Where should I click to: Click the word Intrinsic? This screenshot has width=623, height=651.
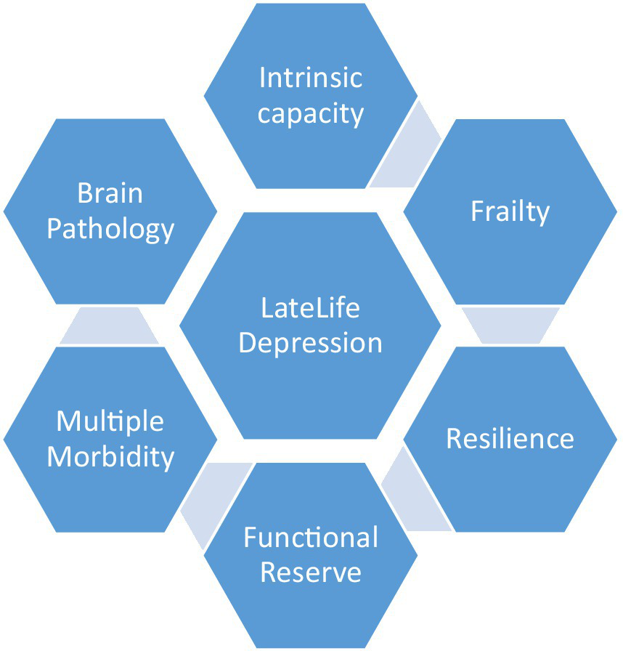311,78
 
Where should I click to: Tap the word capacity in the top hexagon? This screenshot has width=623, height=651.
311,113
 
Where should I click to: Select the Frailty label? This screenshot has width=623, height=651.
510,211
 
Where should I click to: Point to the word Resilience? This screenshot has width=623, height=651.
510,439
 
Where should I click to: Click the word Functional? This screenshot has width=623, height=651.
311,538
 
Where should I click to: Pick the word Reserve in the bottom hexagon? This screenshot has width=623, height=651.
311,573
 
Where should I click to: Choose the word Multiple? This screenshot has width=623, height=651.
110,421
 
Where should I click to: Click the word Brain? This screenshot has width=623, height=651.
110,194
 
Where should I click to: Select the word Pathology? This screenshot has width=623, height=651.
110,229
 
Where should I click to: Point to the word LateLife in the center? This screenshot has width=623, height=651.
310,308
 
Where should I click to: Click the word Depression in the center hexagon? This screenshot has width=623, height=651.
310,343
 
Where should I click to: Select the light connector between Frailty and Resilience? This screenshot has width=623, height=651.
510,325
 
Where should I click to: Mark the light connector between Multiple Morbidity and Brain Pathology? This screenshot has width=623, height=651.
110,325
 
